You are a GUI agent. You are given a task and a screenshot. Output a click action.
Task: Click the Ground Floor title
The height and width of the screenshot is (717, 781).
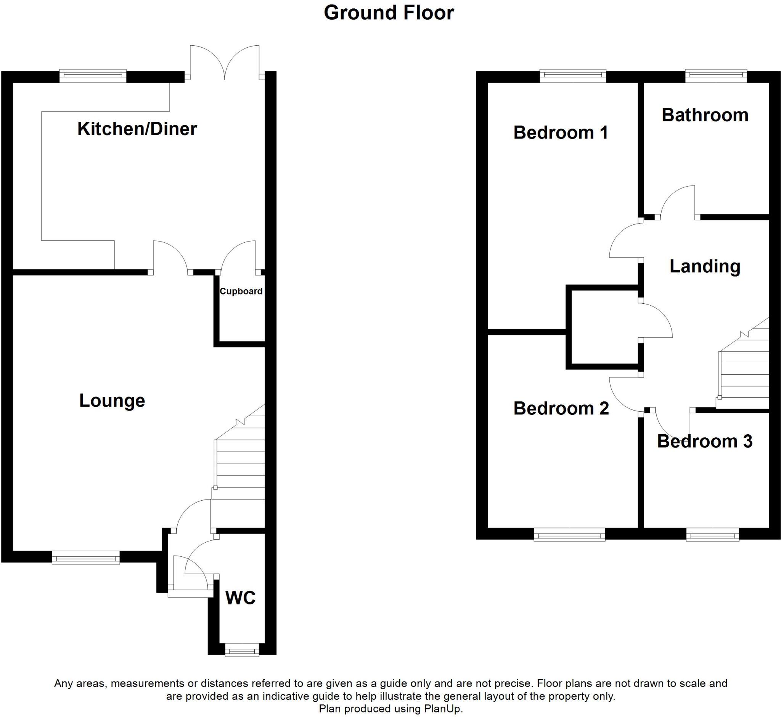pos(389,13)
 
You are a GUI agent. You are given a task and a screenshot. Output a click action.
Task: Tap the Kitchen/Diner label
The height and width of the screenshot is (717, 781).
pos(137,129)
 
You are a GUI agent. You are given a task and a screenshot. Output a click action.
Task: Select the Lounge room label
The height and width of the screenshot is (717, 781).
pos(112,400)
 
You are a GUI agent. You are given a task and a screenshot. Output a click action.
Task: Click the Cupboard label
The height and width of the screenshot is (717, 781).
pos(241,291)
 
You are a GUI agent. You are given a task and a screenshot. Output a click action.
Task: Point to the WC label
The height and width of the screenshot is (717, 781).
pos(240,598)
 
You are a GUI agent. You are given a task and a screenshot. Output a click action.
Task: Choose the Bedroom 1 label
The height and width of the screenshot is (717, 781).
pos(560,133)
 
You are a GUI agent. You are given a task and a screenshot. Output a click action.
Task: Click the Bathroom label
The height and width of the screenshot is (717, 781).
pos(705,115)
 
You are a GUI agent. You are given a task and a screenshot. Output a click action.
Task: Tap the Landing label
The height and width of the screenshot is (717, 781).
pos(705,266)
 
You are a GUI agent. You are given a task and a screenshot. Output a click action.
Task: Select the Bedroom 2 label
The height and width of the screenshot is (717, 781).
pos(561,408)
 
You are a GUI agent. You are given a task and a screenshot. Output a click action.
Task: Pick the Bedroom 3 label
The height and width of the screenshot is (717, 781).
pos(705,441)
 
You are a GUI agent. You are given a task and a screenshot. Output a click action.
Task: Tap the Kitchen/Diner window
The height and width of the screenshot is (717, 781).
pos(93,76)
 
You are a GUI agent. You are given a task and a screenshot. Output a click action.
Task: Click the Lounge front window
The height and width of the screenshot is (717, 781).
pos(86,558)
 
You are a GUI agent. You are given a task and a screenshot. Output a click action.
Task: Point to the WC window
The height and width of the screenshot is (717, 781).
pos(242,651)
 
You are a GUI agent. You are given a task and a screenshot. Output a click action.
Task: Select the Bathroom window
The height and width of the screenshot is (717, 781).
pos(716,76)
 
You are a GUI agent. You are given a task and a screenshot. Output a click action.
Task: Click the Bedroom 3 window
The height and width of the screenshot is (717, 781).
pos(712,536)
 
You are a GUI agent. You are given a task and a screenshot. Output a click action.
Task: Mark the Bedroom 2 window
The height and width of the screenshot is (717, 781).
pos(569,536)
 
